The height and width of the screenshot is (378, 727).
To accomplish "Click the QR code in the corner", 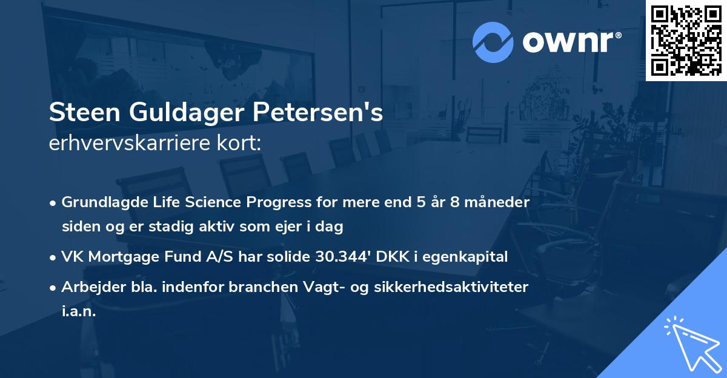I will click(x=686, y=40).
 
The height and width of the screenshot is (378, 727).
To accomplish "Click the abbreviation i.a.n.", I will click(x=79, y=311).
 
